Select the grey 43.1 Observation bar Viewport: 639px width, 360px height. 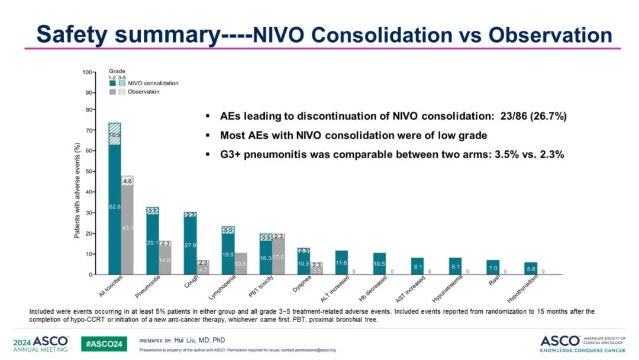tap(127, 227)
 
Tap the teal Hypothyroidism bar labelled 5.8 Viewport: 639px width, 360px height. tap(530, 268)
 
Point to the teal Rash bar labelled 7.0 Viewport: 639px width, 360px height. tap(492, 268)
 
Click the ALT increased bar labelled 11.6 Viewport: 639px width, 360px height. tap(341, 262)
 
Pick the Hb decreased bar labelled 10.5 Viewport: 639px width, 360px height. tap(379, 263)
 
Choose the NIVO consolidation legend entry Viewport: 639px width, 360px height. tap(153, 83)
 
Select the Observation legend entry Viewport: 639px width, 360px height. tap(143, 92)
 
